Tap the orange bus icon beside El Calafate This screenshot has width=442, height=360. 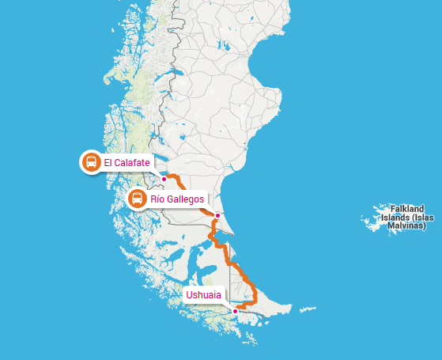click(x=91, y=163)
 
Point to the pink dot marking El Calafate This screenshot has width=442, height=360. click(x=164, y=179)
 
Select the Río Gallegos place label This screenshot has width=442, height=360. click(x=177, y=199)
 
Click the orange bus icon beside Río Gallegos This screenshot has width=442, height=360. click(x=137, y=199)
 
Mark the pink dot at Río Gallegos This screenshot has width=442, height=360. click(x=217, y=214)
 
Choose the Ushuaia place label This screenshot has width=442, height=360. click(x=204, y=296)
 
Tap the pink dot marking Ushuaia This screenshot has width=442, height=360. click(x=235, y=311)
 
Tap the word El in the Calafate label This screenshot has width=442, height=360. click(x=108, y=163)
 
